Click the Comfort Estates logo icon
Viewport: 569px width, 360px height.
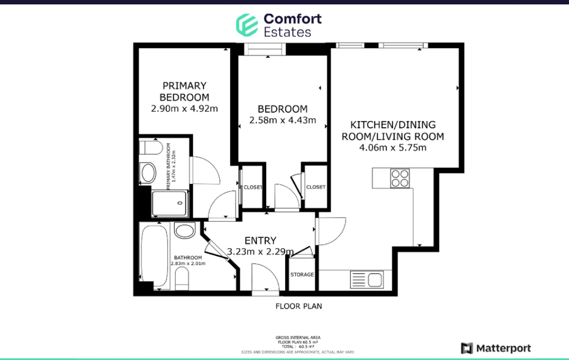(247, 25)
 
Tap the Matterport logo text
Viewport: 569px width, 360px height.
(503, 348)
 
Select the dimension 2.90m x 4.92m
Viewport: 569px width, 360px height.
(184, 109)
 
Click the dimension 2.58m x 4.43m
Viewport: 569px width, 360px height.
(283, 120)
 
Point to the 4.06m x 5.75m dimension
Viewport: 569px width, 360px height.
(393, 148)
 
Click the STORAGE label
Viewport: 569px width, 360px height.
(302, 275)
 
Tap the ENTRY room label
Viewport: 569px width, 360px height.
(260, 241)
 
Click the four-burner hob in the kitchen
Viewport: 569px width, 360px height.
(400, 178)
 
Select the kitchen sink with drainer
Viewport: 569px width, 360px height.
(367, 279)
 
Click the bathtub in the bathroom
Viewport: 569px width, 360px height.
(154, 256)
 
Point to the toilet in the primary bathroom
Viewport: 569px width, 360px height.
(151, 147)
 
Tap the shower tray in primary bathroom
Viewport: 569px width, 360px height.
(170, 203)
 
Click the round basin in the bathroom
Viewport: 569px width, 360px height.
(185, 230)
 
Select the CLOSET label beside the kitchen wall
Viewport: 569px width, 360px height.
(316, 187)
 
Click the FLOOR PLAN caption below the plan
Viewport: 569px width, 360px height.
(298, 306)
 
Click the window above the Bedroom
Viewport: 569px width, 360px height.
(265, 49)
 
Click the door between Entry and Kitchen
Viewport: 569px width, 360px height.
(330, 231)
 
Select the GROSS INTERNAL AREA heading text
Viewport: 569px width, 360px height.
(298, 338)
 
